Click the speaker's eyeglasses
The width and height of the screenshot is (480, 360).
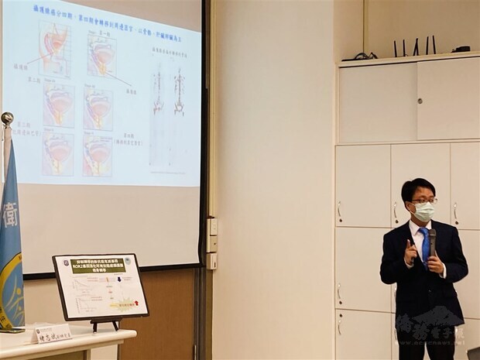(x=423, y=201)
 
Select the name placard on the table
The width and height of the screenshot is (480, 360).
(x=52, y=334)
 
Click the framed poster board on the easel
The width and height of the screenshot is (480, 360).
(x=100, y=286)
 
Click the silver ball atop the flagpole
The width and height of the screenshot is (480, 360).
(x=7, y=118)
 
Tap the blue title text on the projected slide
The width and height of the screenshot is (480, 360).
(x=116, y=15)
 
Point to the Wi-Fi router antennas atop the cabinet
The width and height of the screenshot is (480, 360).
(x=415, y=46)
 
